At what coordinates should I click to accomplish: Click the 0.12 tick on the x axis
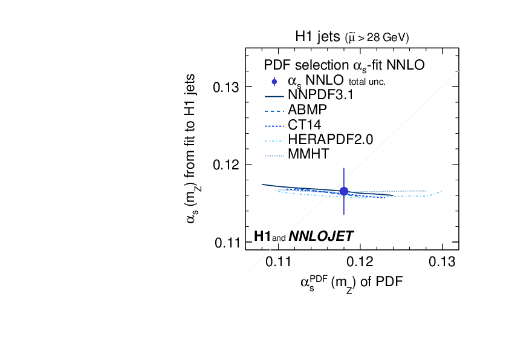(x=360, y=261)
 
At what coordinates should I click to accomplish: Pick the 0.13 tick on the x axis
(x=442, y=261)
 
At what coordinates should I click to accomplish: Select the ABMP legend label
(x=308, y=111)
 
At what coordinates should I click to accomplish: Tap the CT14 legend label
(x=305, y=126)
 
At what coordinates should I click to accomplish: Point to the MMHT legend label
(x=309, y=154)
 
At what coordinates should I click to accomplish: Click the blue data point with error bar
(x=344, y=191)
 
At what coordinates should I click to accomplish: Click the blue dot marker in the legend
(x=274, y=81)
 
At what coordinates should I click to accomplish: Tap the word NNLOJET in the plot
(x=321, y=236)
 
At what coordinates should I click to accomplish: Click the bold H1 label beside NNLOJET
(x=262, y=236)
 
